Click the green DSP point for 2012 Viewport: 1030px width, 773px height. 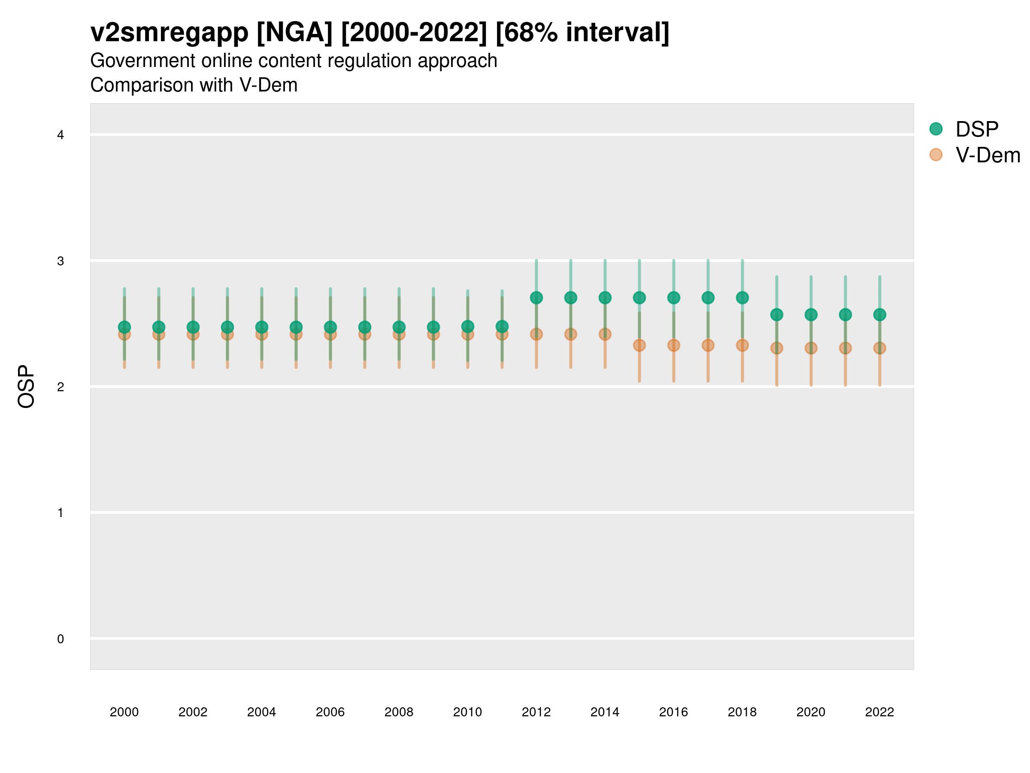(x=536, y=298)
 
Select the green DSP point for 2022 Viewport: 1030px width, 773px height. (x=880, y=315)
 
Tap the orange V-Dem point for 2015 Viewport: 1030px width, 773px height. (x=639, y=345)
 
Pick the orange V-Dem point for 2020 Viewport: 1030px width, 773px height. (x=811, y=348)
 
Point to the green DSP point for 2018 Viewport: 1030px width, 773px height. (x=742, y=298)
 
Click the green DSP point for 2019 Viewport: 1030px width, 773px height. (x=777, y=315)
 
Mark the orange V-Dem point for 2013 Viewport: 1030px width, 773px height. (x=571, y=334)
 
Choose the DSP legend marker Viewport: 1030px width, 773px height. (x=936, y=129)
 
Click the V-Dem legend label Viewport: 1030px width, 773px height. (x=988, y=155)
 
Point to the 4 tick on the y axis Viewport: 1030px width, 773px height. (x=61, y=135)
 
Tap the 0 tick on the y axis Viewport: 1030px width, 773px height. (x=61, y=639)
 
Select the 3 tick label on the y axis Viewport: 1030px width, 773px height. (x=61, y=261)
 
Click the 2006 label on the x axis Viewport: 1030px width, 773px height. (x=330, y=712)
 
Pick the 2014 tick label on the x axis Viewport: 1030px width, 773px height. (x=605, y=712)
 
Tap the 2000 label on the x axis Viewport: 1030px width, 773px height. (x=124, y=712)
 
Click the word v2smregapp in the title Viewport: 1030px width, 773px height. (x=170, y=33)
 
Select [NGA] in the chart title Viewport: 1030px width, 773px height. (x=295, y=33)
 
